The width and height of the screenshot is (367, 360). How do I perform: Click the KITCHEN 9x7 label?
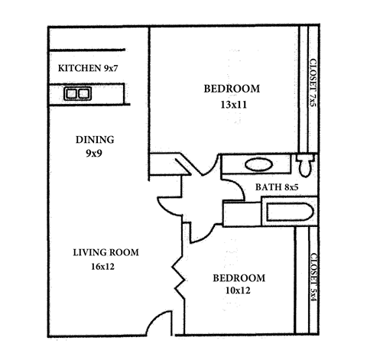click(89, 70)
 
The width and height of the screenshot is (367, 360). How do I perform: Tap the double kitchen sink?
click(76, 94)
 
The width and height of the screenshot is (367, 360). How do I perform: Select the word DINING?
click(95, 140)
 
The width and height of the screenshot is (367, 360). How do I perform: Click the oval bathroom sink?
click(258, 164)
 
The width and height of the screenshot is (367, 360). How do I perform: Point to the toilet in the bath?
click(304, 164)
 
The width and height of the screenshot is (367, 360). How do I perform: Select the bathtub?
click(286, 212)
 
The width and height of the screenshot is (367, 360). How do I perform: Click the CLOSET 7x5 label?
click(313, 84)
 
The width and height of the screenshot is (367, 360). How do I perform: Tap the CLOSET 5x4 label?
click(313, 279)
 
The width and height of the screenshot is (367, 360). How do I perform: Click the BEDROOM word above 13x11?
click(231, 89)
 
